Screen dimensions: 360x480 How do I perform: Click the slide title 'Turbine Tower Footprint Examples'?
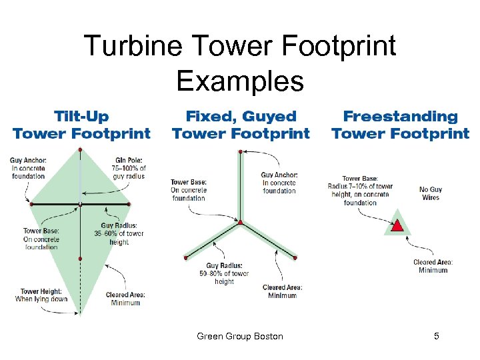(x=240, y=63)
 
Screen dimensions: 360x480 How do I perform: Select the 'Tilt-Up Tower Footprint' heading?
(x=81, y=125)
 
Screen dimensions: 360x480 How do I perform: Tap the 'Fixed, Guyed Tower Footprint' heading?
(x=241, y=125)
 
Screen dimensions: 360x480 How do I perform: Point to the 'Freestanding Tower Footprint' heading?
(x=400, y=125)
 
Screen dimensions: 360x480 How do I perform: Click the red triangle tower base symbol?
(x=397, y=225)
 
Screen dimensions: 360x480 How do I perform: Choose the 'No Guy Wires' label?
(x=431, y=193)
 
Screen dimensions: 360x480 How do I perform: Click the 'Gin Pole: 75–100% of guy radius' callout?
(x=129, y=167)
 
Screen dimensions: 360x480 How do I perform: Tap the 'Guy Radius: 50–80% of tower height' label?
(x=224, y=273)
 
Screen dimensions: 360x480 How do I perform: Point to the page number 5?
(x=437, y=336)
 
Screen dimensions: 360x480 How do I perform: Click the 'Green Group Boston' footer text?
(x=240, y=336)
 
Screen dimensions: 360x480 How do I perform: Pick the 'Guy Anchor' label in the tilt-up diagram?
(x=28, y=167)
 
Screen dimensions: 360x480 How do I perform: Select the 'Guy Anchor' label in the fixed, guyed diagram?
(x=279, y=183)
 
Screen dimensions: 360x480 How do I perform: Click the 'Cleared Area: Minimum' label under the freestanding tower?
(x=433, y=266)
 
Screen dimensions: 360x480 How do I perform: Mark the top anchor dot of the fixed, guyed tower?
(x=241, y=152)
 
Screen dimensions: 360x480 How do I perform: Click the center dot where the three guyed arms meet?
(x=241, y=223)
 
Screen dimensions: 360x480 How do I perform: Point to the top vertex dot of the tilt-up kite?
(x=81, y=150)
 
